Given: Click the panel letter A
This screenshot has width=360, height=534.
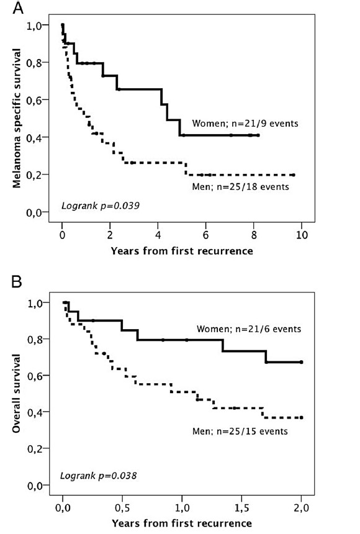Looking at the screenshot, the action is [x=18, y=8].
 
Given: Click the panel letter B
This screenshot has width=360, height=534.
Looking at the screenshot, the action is [x=17, y=282].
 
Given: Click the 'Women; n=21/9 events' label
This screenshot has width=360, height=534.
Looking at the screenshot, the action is [x=245, y=124].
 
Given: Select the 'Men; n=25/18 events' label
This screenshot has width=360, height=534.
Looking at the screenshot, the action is [x=240, y=187].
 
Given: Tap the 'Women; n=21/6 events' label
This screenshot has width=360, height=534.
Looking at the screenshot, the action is [x=249, y=329].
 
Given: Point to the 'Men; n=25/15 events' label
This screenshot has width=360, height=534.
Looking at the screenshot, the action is [x=240, y=431].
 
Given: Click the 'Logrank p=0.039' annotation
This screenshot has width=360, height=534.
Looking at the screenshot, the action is [x=100, y=206].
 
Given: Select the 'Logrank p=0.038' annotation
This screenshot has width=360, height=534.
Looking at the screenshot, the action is [x=98, y=476].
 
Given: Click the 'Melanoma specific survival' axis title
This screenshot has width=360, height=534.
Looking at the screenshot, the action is [x=17, y=118].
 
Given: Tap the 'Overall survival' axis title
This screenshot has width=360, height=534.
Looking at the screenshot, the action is [x=16, y=393].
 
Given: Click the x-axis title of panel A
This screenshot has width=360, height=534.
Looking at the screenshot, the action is [x=182, y=251].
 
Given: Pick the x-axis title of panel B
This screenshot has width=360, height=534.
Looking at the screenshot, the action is [x=182, y=523].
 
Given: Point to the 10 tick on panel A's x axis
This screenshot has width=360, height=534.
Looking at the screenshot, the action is [x=302, y=235].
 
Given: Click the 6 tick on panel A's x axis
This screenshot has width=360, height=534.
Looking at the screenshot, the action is [x=205, y=235].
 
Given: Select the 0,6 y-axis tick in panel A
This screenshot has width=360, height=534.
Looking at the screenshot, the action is [x=34, y=100].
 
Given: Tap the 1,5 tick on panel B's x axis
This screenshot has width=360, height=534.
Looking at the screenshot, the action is [x=242, y=508].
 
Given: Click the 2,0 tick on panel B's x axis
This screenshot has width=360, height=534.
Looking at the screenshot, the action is [x=302, y=508].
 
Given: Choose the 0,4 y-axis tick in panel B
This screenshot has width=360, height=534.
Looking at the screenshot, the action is [x=34, y=412].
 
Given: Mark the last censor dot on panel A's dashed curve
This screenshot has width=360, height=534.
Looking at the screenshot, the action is [x=294, y=175].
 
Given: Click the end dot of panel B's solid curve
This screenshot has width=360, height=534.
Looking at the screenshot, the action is [x=302, y=362].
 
